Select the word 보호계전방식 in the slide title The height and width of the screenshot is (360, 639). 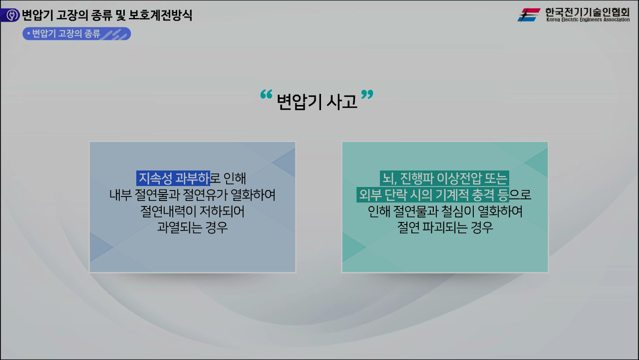coord(160,15)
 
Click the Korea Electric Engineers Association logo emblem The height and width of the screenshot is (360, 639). coord(529,15)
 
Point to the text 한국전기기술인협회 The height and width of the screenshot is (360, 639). coord(587,11)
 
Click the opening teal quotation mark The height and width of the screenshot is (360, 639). coord(266,95)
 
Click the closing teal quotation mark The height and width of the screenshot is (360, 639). coord(367,95)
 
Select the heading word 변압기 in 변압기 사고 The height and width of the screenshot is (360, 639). coord(299,102)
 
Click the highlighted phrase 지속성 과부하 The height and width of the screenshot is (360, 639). coord(173,178)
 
